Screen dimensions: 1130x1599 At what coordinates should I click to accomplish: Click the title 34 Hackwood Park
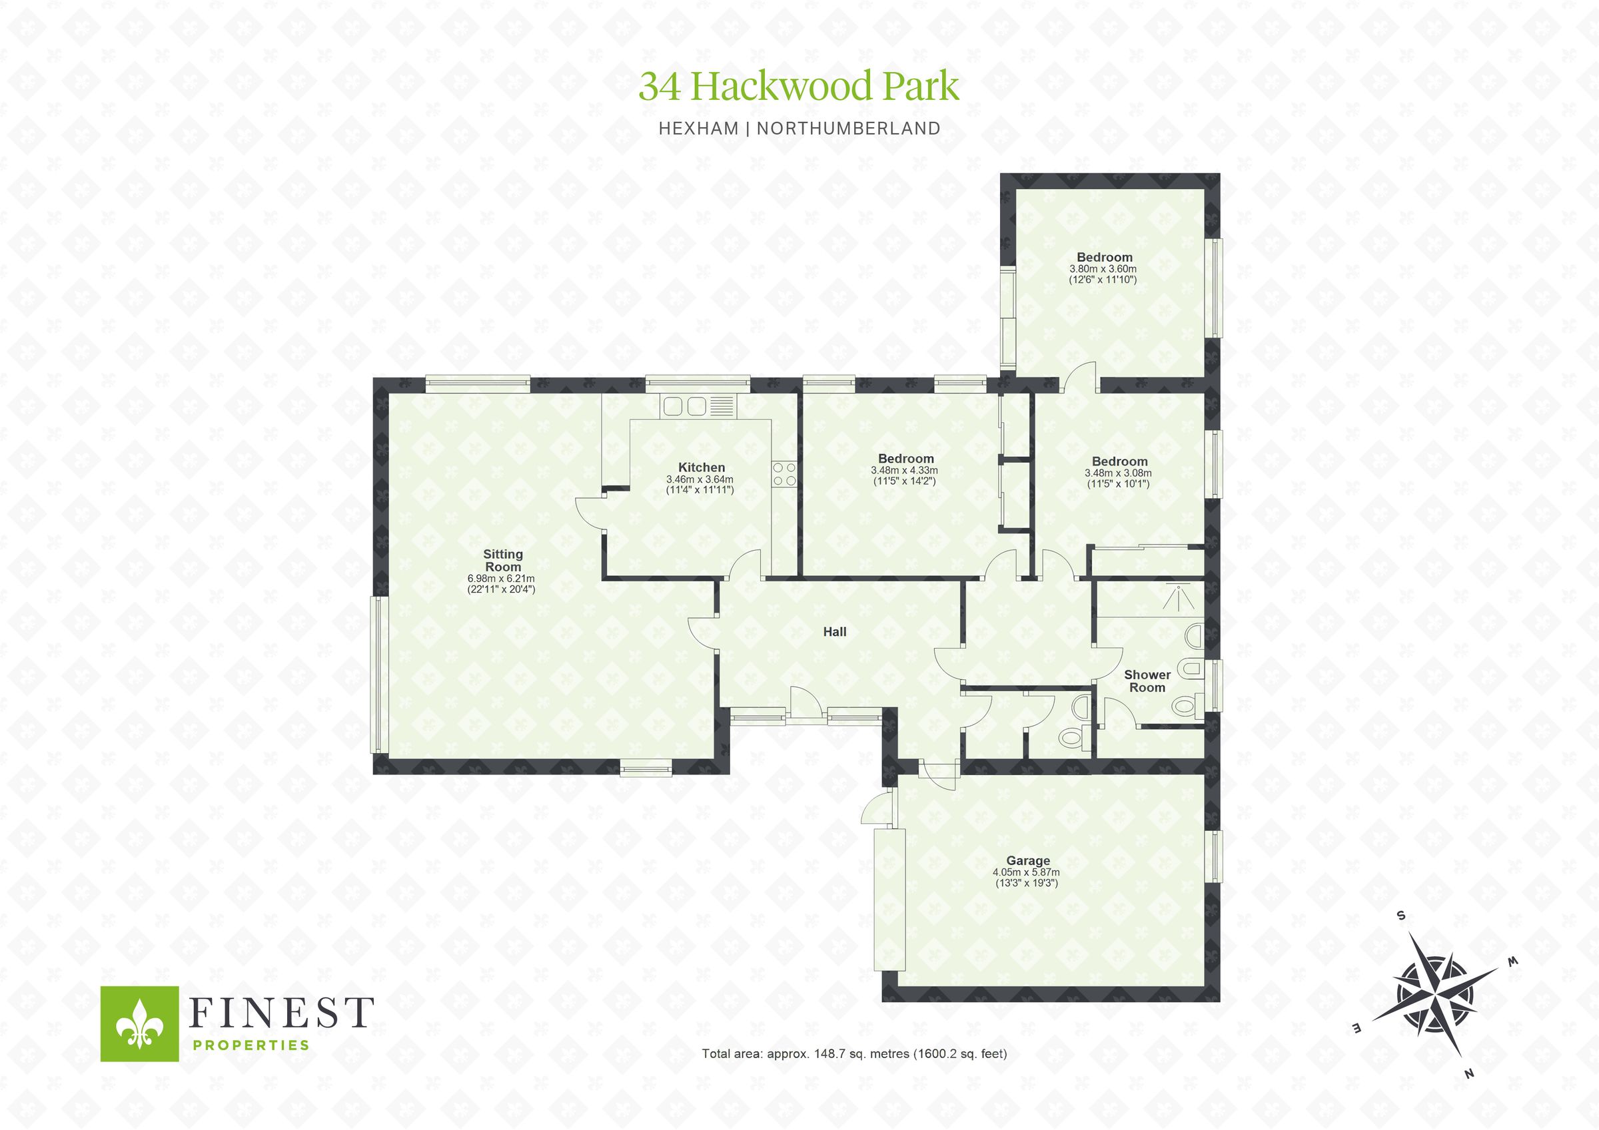point(799,87)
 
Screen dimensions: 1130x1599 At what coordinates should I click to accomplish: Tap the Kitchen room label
point(702,467)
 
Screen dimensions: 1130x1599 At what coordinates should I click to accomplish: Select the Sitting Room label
point(503,561)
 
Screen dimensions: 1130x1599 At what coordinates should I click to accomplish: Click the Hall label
point(834,631)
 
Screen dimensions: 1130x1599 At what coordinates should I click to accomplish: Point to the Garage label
point(1028,860)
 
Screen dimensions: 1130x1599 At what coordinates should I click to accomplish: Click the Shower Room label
point(1147,681)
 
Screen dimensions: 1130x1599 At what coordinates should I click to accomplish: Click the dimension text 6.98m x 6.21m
point(501,578)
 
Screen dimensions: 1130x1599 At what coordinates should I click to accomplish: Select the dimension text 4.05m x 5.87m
point(1026,872)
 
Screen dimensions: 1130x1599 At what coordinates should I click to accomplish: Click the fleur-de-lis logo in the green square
point(140,1023)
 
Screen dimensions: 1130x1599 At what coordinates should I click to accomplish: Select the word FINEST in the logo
point(281,1012)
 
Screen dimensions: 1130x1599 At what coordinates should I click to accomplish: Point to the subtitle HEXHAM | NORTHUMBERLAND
point(799,129)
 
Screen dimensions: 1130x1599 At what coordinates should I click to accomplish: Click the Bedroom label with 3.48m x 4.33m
point(905,458)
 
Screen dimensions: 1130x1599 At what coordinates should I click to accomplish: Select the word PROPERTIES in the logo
point(250,1044)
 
